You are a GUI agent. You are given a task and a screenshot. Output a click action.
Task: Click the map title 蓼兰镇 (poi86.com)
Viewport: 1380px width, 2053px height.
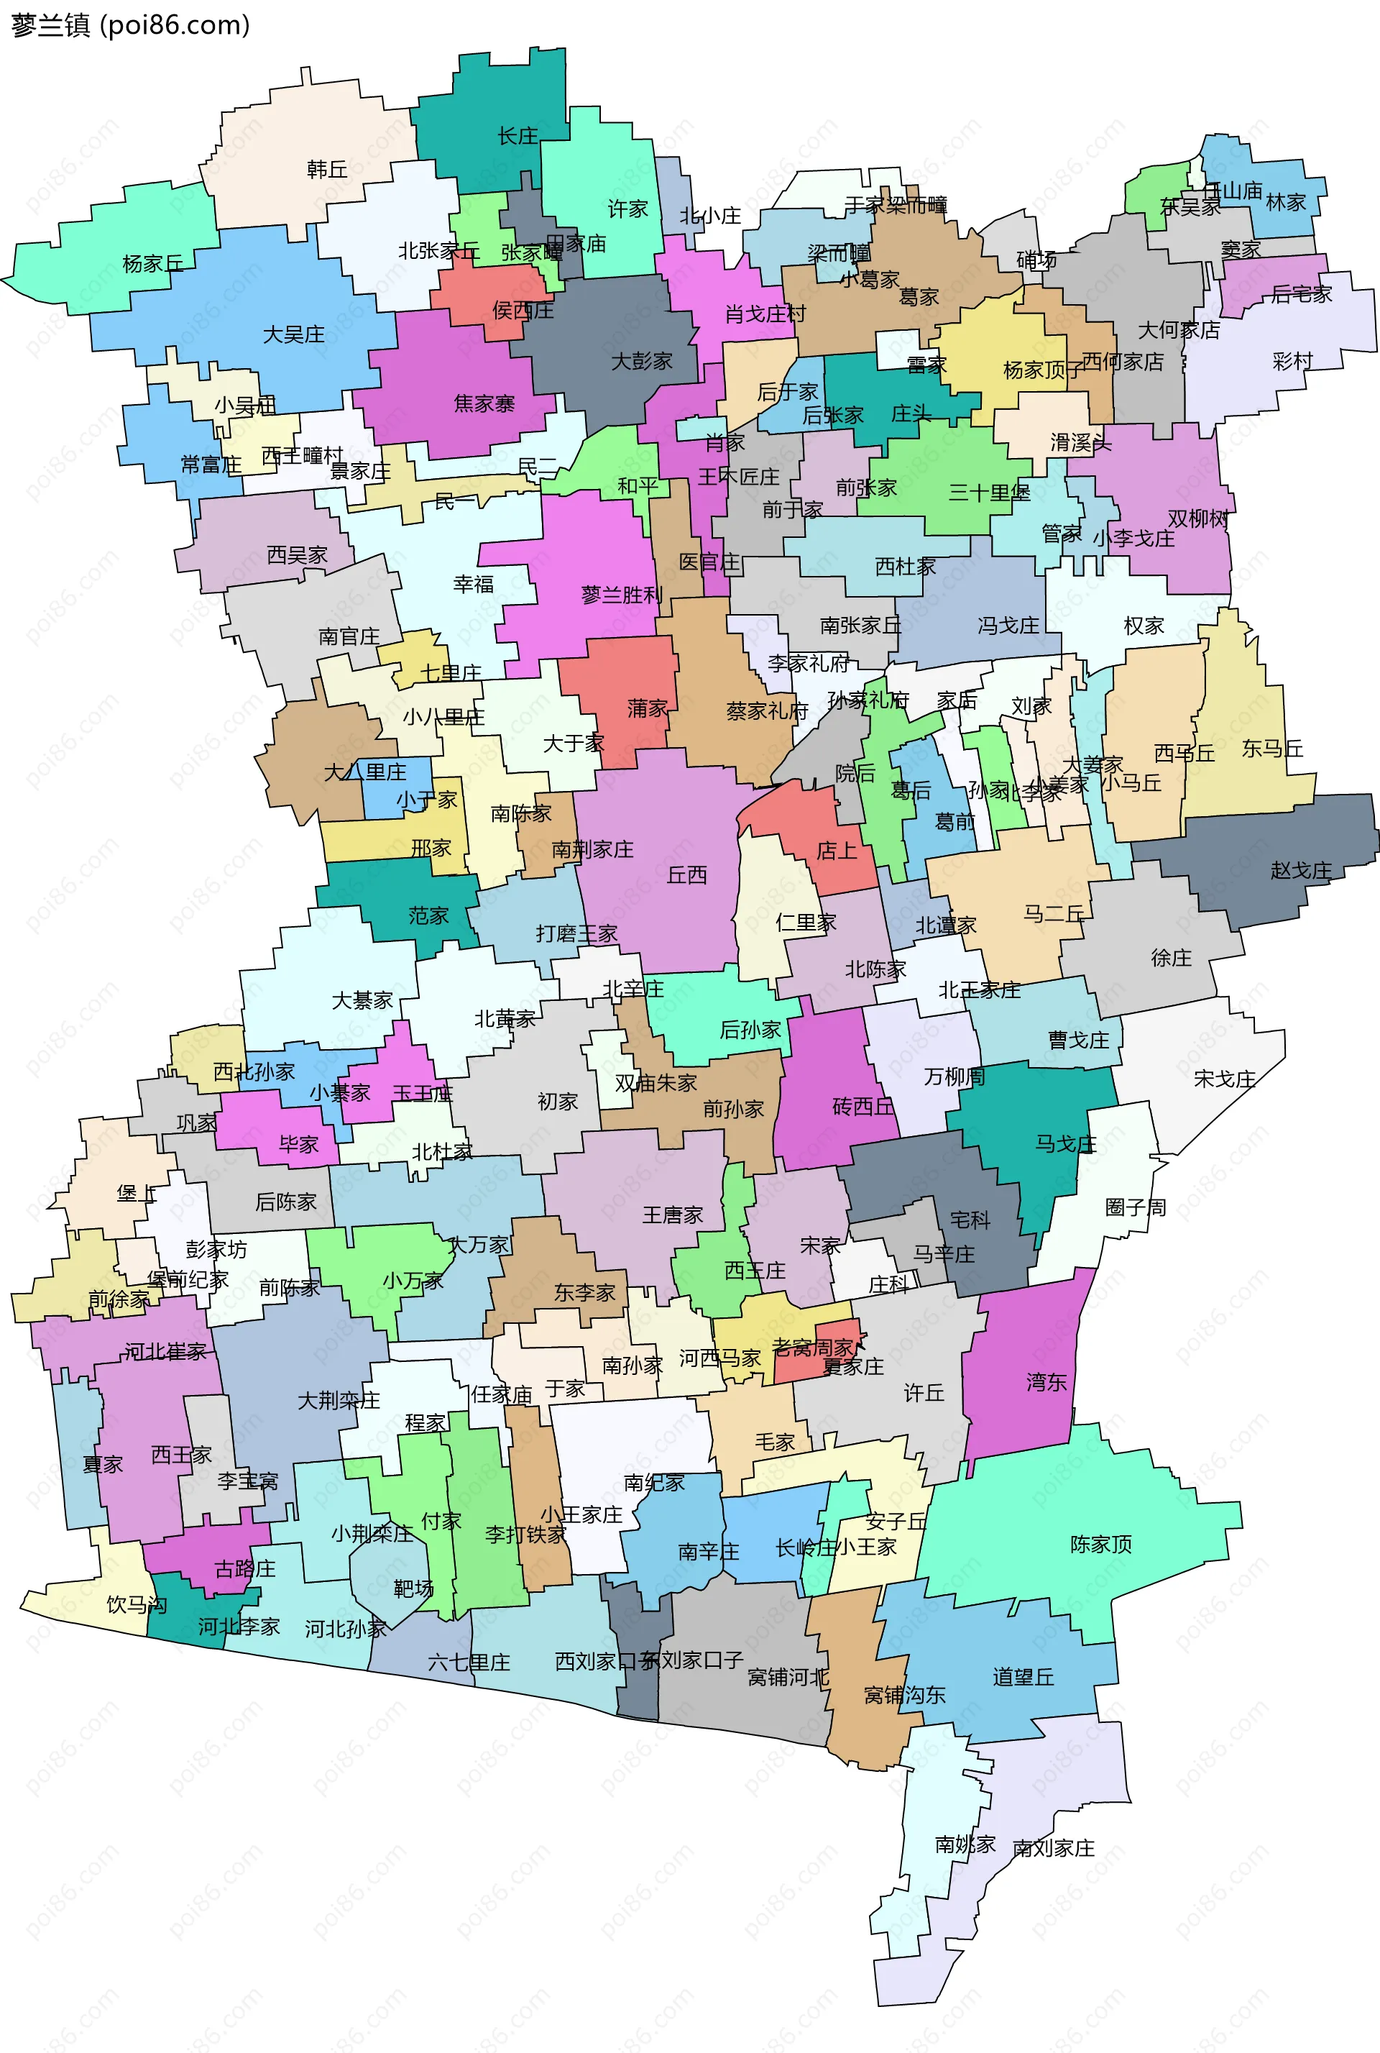click(130, 24)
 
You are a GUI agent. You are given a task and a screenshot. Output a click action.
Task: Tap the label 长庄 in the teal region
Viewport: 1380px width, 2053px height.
click(517, 137)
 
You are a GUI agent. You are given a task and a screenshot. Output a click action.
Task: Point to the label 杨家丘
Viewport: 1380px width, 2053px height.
click(153, 263)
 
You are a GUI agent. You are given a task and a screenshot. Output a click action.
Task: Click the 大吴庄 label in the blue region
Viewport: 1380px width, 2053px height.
click(294, 334)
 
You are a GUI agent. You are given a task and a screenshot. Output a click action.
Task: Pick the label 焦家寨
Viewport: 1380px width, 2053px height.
click(484, 404)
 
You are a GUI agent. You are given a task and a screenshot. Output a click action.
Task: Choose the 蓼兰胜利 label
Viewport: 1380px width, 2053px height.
click(621, 595)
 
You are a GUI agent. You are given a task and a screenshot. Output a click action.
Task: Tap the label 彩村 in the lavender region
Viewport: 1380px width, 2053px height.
click(1292, 361)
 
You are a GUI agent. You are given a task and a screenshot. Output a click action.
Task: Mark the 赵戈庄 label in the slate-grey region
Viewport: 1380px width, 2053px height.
click(1301, 871)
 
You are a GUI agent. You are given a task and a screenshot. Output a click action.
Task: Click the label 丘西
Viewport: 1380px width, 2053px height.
click(686, 875)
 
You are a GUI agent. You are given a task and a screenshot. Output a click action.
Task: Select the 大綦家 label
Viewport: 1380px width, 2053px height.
click(362, 1001)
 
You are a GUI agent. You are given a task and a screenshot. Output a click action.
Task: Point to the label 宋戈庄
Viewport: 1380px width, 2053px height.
click(1224, 1079)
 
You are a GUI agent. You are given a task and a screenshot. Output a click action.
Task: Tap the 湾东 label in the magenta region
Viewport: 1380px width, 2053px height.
click(1046, 1382)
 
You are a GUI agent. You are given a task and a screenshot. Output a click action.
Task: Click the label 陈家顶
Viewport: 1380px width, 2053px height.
click(1101, 1544)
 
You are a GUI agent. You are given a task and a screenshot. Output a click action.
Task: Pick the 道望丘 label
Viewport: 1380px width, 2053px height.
click(1023, 1677)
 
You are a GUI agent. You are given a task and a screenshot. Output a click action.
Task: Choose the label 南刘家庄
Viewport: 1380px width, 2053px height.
click(1054, 1848)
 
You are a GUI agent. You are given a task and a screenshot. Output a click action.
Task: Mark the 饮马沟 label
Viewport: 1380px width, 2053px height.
click(137, 1604)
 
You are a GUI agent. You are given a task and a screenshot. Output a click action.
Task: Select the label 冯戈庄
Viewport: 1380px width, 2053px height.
click(1008, 626)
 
